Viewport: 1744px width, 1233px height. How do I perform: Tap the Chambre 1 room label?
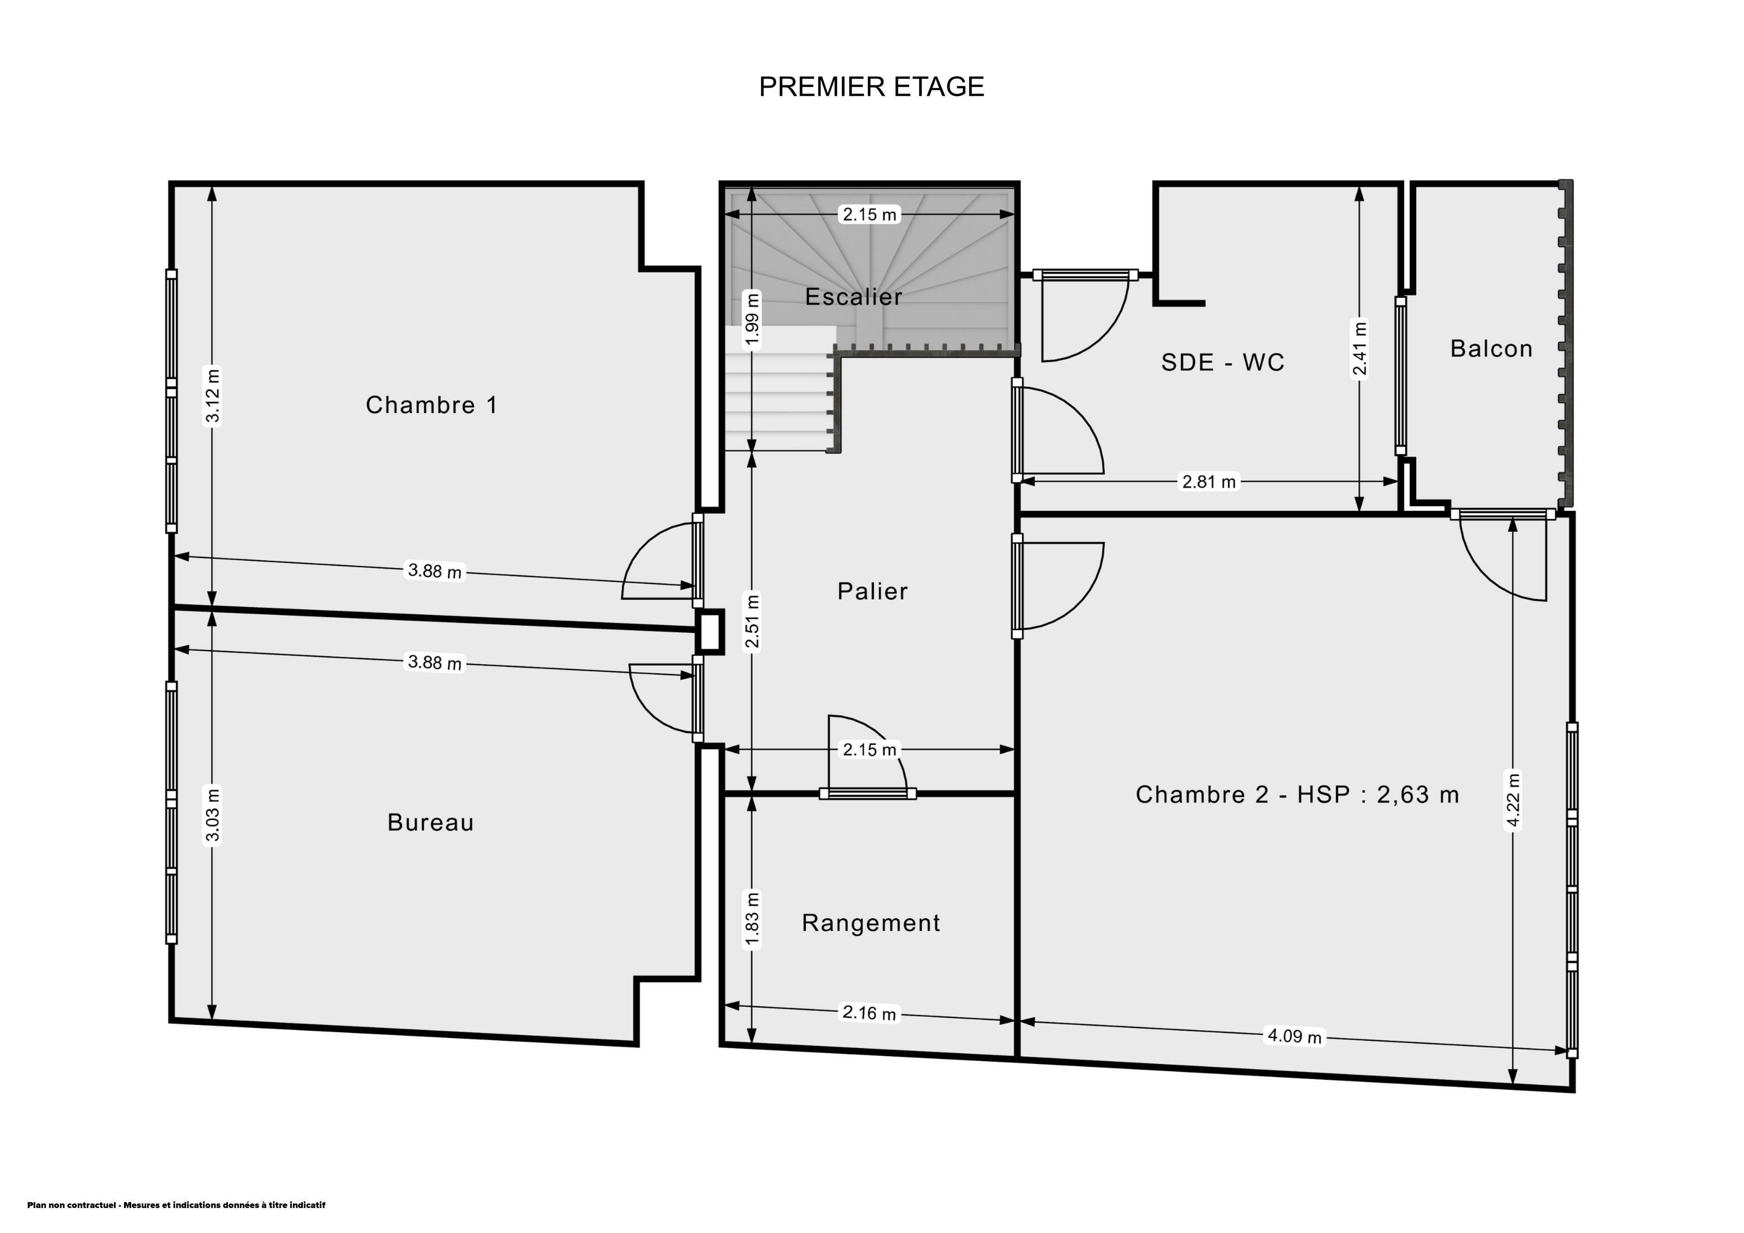[x=431, y=405]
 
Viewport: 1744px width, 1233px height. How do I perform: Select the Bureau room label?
[x=431, y=822]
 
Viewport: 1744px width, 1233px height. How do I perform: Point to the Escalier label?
[x=854, y=296]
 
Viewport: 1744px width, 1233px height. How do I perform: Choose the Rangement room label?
[x=871, y=922]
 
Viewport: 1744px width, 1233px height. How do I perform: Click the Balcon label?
[x=1491, y=349]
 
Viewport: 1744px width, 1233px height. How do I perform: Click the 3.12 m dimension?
[x=213, y=395]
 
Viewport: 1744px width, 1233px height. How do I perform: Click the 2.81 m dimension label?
[x=1209, y=482]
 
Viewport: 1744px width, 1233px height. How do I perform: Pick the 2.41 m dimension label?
[x=1360, y=349]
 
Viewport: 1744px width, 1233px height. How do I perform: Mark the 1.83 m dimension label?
[x=752, y=920]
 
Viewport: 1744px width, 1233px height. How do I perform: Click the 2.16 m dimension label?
[x=870, y=1013]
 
